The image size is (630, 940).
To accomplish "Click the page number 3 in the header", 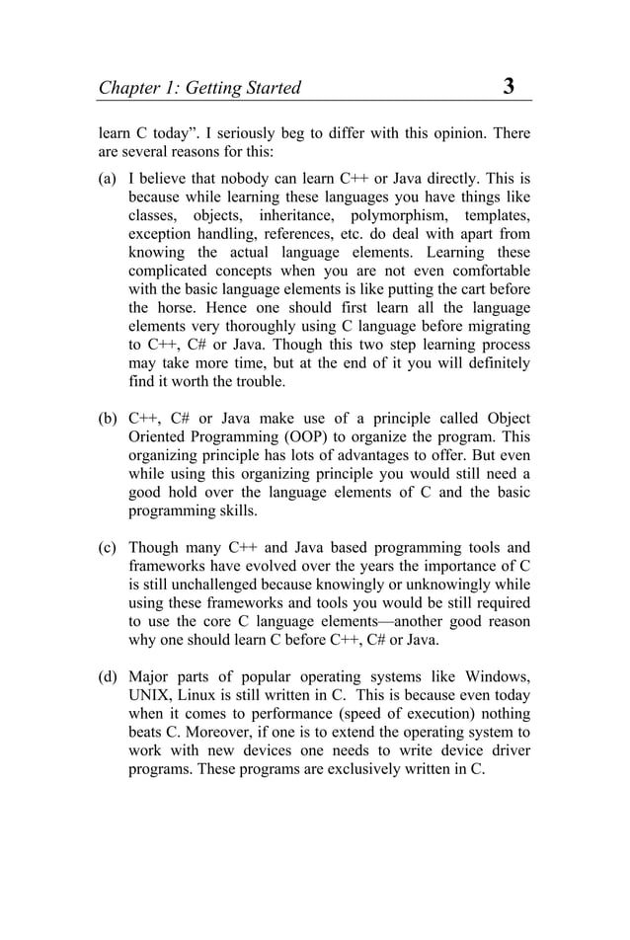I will [x=509, y=86].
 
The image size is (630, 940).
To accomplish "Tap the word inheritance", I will [x=295, y=215].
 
